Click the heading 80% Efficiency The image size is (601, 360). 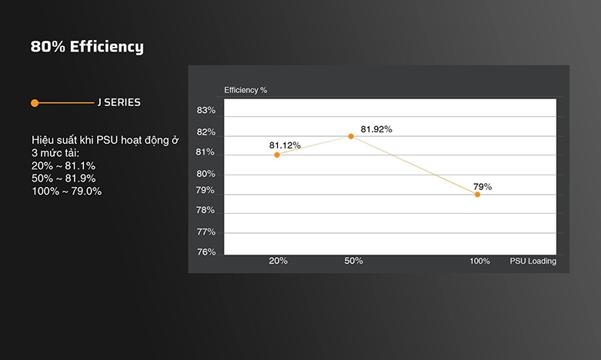click(x=87, y=47)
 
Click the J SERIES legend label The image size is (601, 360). click(x=119, y=102)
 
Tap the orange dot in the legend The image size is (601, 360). click(x=35, y=102)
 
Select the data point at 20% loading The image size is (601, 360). click(x=277, y=155)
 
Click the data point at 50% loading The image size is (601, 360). click(x=351, y=136)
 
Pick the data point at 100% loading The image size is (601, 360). click(x=477, y=195)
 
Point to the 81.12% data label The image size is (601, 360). click(x=285, y=145)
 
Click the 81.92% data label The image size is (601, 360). click(x=376, y=129)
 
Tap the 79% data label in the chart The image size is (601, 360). click(x=482, y=186)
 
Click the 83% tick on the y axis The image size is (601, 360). click(x=206, y=111)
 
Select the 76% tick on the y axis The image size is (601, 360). click(x=206, y=252)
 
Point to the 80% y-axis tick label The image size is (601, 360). click(x=206, y=174)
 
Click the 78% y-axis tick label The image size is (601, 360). click(x=206, y=211)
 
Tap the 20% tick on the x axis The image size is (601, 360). click(x=278, y=261)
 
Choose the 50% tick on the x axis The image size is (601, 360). click(x=353, y=261)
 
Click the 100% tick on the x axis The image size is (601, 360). click(x=479, y=262)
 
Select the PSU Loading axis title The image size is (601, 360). click(x=533, y=261)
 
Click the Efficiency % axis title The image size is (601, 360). click(x=245, y=90)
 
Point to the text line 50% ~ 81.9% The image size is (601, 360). click(x=63, y=178)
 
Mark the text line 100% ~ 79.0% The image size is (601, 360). click(x=66, y=191)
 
